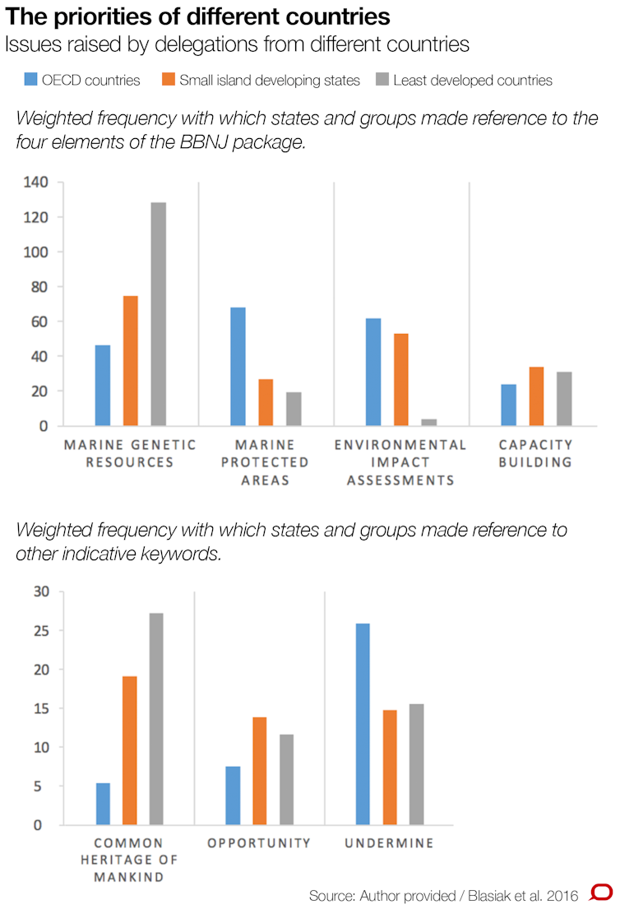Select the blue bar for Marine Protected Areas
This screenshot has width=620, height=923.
point(238,367)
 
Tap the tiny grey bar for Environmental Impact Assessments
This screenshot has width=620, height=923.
point(428,422)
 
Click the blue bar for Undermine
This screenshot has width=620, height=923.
point(363,724)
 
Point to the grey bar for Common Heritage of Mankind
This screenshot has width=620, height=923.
point(155,719)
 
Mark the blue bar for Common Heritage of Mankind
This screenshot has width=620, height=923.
point(103,804)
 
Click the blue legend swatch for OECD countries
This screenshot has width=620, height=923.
point(30,80)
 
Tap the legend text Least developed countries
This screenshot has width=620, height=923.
point(473,80)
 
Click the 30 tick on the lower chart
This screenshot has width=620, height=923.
point(41,591)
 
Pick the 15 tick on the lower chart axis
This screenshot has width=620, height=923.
point(41,708)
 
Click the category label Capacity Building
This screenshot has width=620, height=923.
point(536,453)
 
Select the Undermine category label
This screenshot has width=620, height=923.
point(389,843)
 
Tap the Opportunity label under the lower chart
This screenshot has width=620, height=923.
point(259,843)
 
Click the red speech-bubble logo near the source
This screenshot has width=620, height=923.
point(601,893)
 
